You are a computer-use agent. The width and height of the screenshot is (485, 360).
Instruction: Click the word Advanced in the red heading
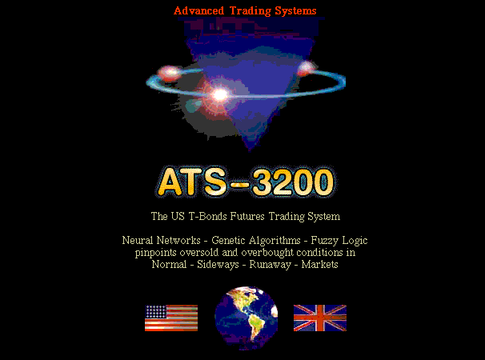198,11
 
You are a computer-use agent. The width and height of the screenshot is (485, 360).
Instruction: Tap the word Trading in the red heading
251,11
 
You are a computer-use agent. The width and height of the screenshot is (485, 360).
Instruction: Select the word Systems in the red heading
295,11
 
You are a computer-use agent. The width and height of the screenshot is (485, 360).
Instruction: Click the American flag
171,318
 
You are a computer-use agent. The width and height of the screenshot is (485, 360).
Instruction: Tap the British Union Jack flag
320,318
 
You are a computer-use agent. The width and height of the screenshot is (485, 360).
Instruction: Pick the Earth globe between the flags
247,318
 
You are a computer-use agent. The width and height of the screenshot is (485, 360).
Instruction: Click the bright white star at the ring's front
220,94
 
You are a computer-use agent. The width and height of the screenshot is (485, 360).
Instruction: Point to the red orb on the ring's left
169,74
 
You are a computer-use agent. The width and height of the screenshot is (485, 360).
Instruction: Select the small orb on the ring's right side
306,68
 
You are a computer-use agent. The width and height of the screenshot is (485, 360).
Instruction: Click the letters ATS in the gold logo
192,182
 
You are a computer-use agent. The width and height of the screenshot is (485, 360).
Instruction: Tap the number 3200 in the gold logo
293,182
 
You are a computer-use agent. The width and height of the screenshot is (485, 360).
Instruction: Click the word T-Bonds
207,216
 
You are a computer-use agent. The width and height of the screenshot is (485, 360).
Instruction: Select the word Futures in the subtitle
247,216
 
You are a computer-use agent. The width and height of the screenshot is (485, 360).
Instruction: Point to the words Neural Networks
161,240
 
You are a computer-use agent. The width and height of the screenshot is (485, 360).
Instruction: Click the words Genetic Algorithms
256,241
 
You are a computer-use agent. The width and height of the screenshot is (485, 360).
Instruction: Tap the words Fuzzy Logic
339,241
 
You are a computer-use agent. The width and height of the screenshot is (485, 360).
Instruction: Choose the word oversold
199,253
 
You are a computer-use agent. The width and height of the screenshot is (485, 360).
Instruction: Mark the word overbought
267,253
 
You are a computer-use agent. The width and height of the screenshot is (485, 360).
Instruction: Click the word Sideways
218,265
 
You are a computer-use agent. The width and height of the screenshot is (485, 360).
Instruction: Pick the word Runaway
271,265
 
